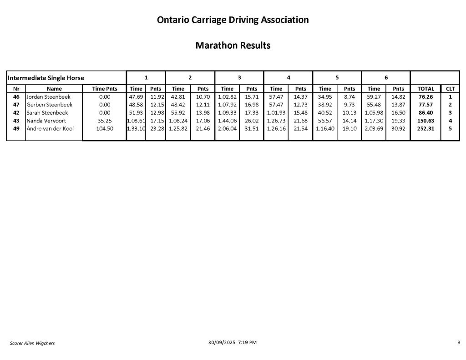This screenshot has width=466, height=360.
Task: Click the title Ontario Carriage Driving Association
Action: coord(233,20)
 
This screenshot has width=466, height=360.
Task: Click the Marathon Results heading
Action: coord(233,46)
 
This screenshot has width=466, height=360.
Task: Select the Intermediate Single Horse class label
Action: coord(46,78)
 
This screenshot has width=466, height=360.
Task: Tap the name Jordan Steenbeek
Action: coord(48,97)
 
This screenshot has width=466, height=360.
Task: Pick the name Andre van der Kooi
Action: coord(50,128)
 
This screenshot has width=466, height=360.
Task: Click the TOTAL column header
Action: coord(425,89)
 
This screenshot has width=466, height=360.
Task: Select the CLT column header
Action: coord(450,89)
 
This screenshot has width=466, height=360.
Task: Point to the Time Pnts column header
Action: coord(105,89)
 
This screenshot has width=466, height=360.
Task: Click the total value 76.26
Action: coord(425,97)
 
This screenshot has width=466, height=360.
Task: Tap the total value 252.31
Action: coord(425,128)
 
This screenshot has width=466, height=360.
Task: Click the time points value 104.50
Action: coord(105,128)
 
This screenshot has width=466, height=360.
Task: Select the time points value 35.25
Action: coord(105,121)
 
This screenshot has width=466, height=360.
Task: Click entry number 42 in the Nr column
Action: coord(16,112)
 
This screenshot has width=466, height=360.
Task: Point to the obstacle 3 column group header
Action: coord(239,77)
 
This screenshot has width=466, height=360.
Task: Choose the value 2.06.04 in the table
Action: coord(227,128)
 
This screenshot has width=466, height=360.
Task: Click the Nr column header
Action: coord(16,89)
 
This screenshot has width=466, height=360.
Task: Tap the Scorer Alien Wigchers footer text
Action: coord(32,343)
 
